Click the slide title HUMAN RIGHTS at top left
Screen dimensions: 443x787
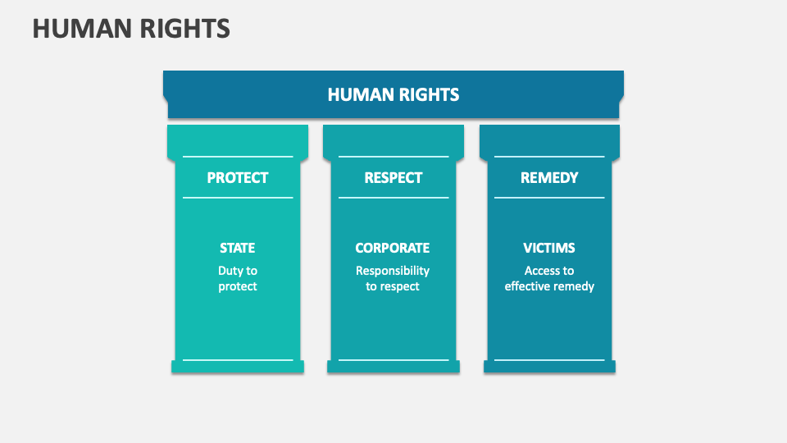(x=131, y=29)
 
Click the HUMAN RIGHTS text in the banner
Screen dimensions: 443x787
(x=393, y=94)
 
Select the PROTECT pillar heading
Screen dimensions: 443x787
(x=237, y=177)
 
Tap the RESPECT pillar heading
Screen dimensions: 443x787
(x=393, y=177)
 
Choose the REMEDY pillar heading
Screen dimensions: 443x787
(x=549, y=177)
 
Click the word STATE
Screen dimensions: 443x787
(x=237, y=248)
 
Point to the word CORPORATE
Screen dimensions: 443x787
(x=392, y=248)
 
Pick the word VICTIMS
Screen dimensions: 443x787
(x=549, y=248)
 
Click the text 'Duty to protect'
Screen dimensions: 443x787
(x=237, y=278)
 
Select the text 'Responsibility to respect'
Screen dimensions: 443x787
(x=392, y=278)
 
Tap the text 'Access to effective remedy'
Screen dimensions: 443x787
(x=549, y=278)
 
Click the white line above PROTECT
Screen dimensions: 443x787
(x=237, y=156)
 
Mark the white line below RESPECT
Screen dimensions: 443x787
(x=393, y=198)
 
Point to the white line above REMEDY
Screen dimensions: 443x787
(x=549, y=156)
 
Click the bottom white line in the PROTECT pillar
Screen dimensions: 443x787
(x=237, y=359)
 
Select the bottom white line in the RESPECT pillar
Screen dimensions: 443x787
(x=393, y=359)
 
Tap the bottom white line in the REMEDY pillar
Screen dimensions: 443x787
(x=549, y=359)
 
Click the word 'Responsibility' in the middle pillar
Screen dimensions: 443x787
(x=392, y=271)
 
